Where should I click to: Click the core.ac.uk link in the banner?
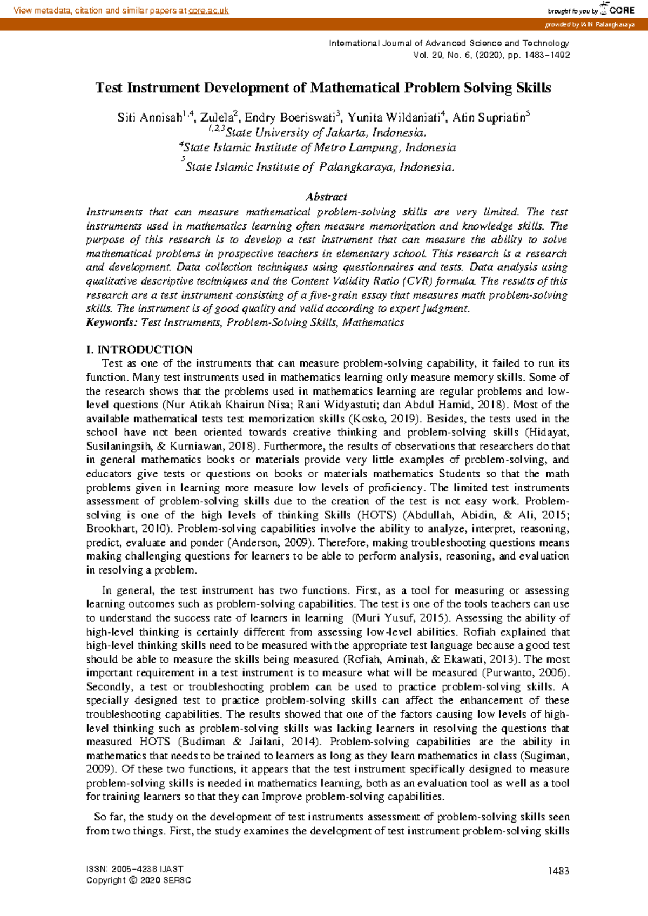click(208, 10)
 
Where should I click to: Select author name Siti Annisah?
click(150, 118)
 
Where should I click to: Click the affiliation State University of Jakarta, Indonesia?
click(326, 133)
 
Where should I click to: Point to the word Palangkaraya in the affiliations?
click(357, 167)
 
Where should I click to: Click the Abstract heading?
click(326, 197)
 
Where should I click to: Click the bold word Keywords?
click(111, 322)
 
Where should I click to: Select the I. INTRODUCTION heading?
click(139, 349)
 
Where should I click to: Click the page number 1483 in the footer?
click(558, 871)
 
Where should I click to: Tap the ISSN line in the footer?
click(134, 870)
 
